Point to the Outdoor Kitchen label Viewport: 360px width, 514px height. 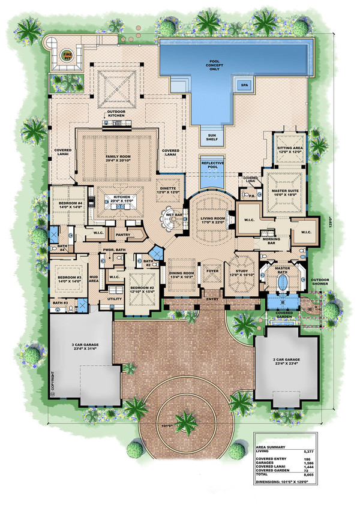[x=115, y=114]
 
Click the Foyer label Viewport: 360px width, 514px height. [x=211, y=270]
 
